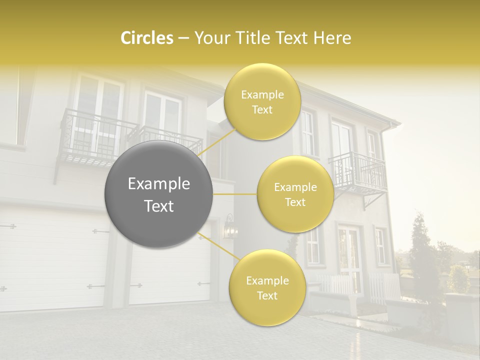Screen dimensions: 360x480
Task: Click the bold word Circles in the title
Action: [x=147, y=38]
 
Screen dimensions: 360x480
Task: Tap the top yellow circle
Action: [x=261, y=101]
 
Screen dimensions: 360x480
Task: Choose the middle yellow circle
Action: [x=295, y=194]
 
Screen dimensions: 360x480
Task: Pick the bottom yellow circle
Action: [x=267, y=287]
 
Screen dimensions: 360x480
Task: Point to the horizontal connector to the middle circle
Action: [x=235, y=194]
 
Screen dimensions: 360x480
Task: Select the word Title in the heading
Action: [x=253, y=38]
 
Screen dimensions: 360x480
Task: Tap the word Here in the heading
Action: [x=332, y=38]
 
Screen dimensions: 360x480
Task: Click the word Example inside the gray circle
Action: [x=159, y=184]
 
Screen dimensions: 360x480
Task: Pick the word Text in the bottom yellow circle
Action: [x=267, y=295]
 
